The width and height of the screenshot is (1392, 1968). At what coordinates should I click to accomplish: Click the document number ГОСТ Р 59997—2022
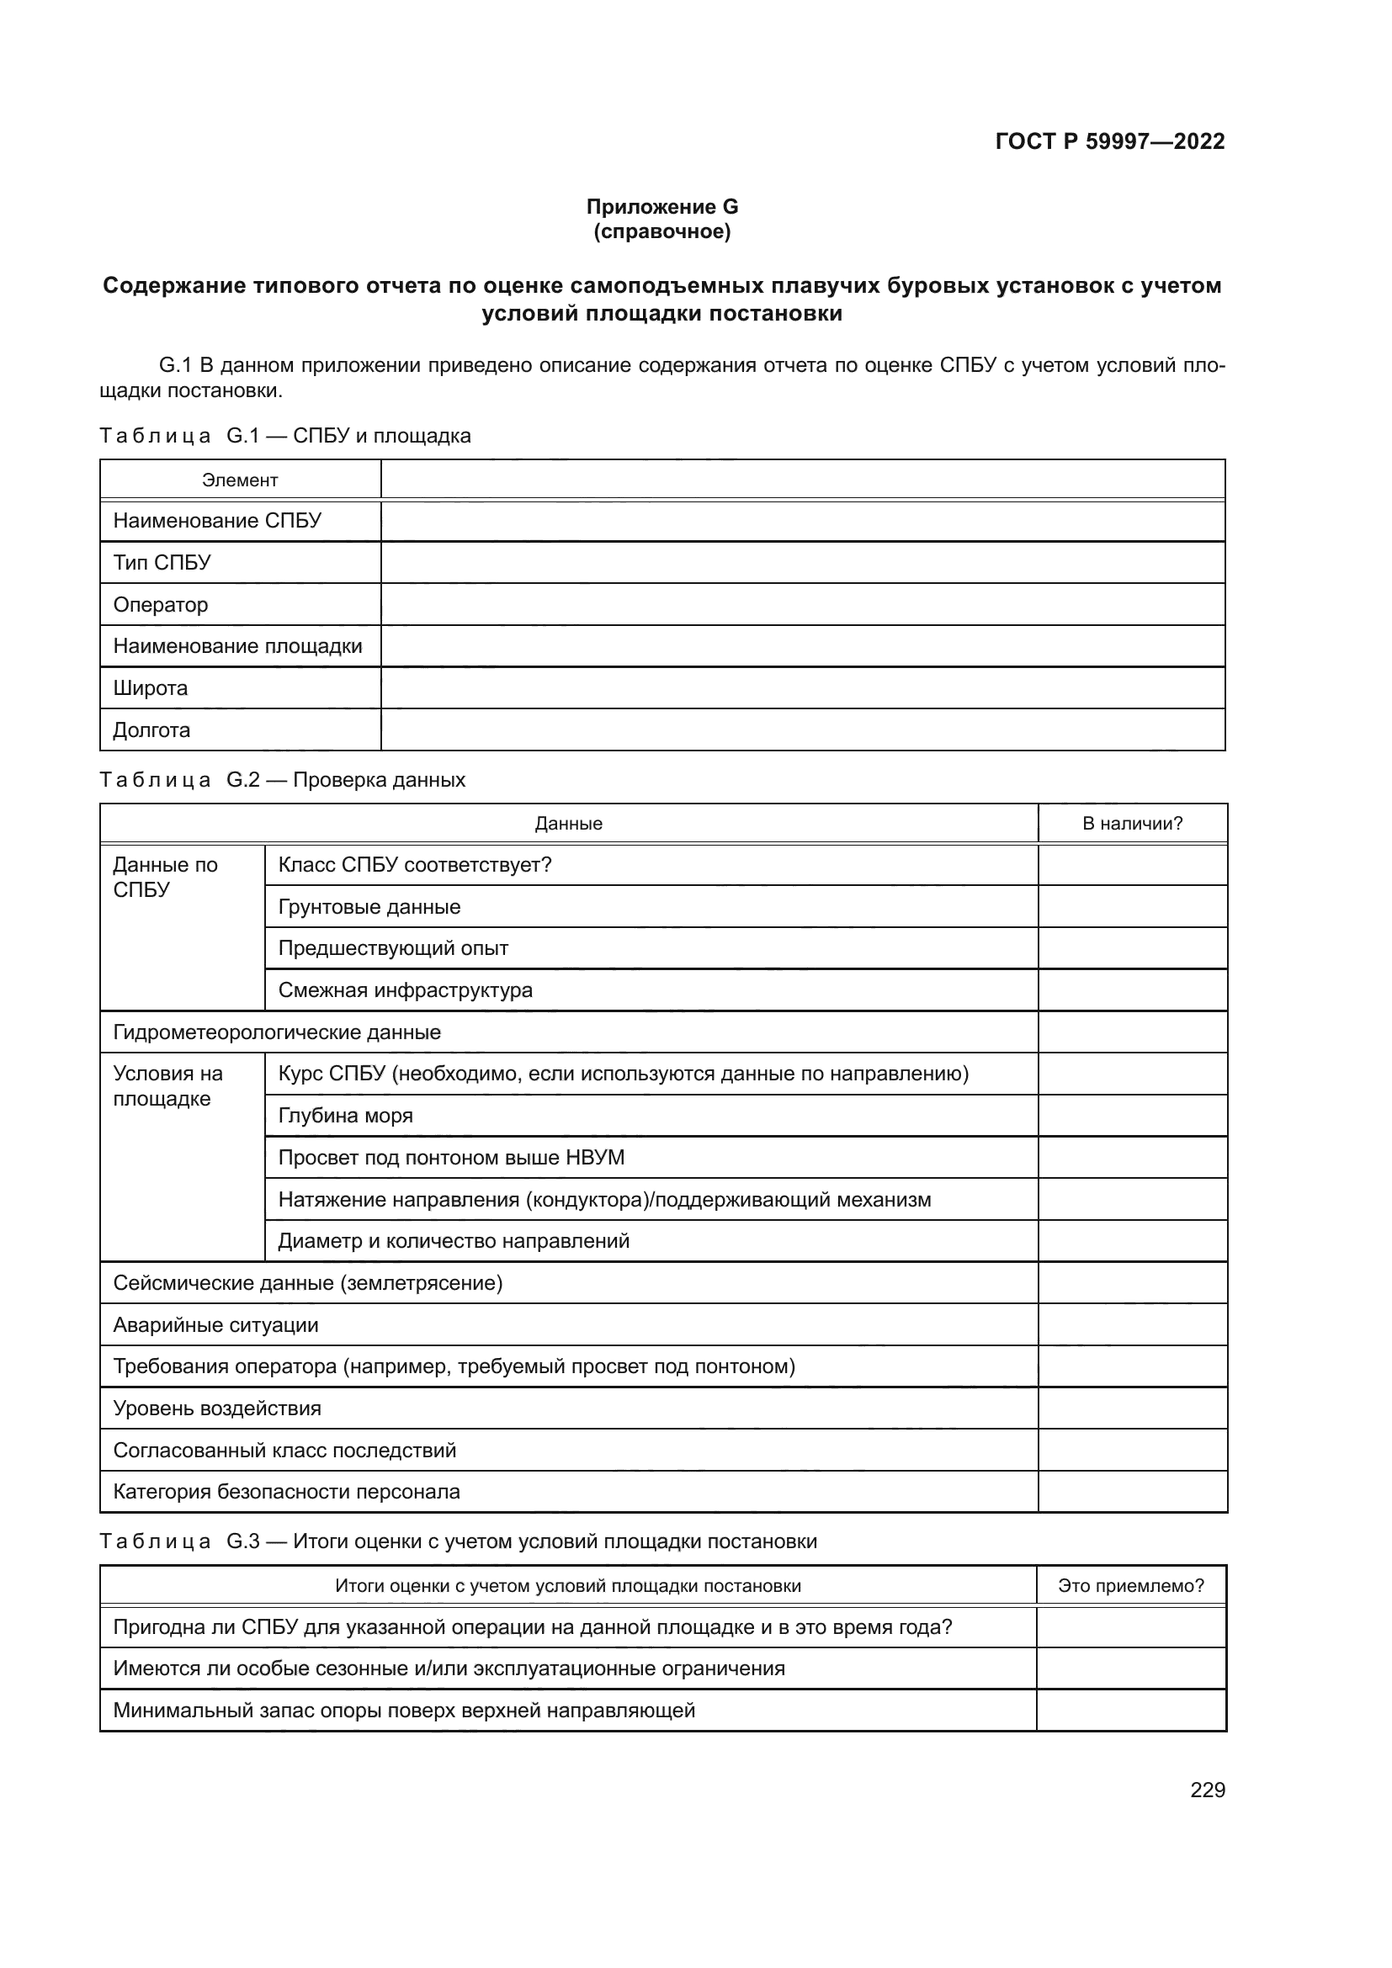point(1110,141)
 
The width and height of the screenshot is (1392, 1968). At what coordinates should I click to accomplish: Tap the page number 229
point(1207,1790)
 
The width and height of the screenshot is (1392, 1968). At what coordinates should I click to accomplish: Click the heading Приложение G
point(661,207)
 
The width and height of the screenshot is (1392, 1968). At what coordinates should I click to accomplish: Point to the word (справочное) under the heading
point(661,231)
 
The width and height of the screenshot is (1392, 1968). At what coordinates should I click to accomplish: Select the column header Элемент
point(240,480)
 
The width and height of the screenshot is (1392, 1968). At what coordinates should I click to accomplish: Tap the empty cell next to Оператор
point(802,604)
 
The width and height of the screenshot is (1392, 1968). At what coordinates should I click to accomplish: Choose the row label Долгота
point(151,730)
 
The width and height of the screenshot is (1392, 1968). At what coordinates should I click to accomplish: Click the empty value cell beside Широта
point(802,688)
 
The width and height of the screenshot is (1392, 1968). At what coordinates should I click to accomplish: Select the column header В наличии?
point(1132,824)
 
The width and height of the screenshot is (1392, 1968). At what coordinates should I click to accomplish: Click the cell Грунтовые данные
point(369,907)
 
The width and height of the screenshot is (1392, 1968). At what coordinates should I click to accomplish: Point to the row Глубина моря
point(345,1116)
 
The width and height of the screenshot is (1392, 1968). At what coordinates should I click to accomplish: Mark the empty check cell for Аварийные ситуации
point(1132,1325)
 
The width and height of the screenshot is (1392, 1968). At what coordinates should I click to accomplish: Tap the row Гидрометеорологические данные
point(277,1032)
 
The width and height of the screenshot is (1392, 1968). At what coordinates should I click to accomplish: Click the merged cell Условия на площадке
point(168,1086)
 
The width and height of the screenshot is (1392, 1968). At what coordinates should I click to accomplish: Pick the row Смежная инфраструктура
point(406,990)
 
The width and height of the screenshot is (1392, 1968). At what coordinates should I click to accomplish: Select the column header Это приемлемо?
point(1130,1586)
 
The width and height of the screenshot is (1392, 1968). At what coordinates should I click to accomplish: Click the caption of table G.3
point(459,1541)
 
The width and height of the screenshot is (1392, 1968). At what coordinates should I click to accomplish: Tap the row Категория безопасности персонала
point(286,1492)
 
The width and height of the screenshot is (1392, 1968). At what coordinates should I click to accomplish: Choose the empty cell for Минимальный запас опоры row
point(1130,1711)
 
